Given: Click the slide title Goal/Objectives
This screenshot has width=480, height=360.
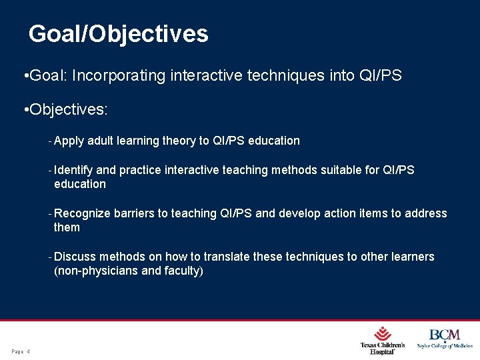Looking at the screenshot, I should [119, 33].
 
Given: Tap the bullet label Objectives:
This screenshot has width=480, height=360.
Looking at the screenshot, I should [67, 109].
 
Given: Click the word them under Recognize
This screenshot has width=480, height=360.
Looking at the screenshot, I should [67, 227].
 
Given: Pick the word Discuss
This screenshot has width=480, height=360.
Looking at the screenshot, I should [75, 257].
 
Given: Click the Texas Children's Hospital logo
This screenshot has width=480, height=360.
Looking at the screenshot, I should [383, 340].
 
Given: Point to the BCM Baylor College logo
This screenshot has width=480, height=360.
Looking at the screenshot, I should [445, 339].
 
